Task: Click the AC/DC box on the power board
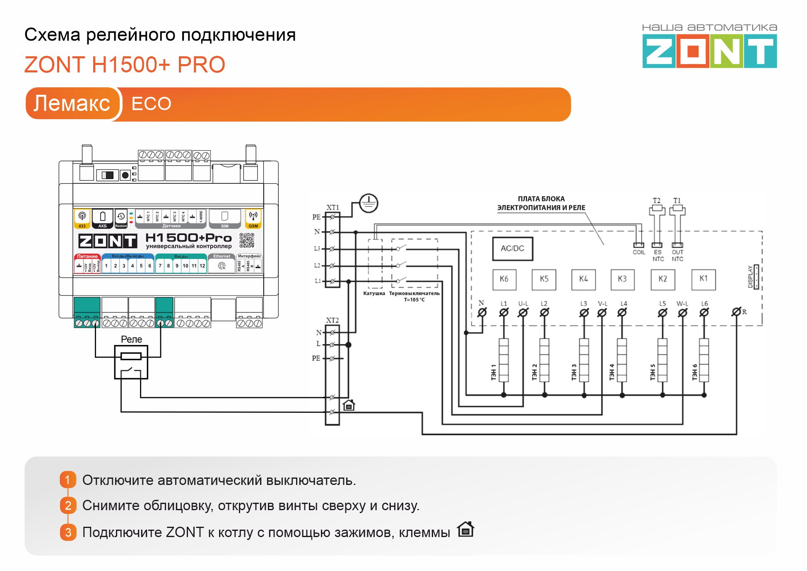[x=512, y=249]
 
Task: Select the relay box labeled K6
[x=504, y=279]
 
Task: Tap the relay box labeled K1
[x=703, y=279]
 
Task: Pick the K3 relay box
[x=622, y=279]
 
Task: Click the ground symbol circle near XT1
[x=368, y=203]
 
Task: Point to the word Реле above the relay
[x=131, y=339]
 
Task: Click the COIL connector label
[x=639, y=252]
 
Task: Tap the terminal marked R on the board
[x=736, y=312]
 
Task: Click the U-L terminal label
[x=523, y=304]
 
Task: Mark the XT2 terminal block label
[x=332, y=320]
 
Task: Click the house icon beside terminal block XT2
[x=349, y=405]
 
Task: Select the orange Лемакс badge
[x=72, y=103]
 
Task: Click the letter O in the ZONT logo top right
[x=693, y=52]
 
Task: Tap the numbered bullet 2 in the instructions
[x=68, y=505]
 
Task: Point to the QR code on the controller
[x=247, y=240]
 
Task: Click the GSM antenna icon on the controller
[x=253, y=216]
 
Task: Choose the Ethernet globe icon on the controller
[x=222, y=266]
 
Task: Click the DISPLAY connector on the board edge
[x=756, y=277]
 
